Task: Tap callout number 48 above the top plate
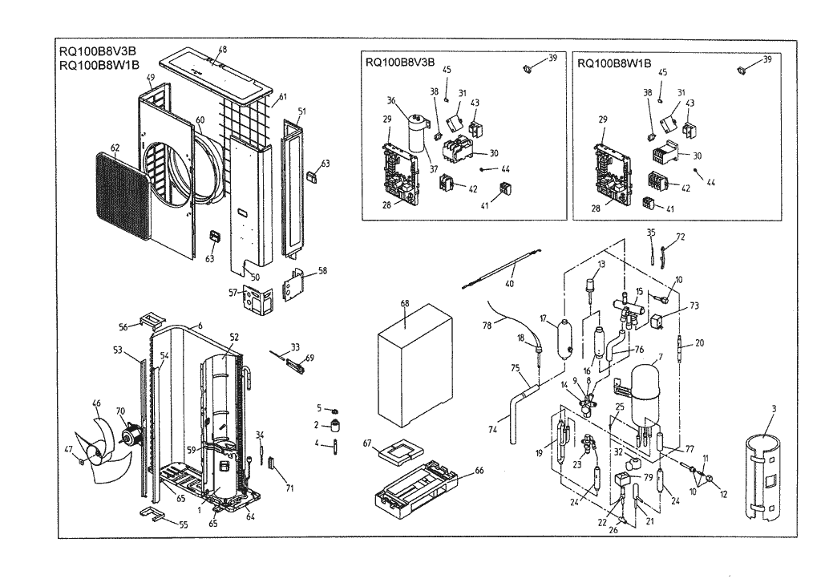pyautogui.click(x=223, y=50)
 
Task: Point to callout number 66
pyautogui.click(x=479, y=471)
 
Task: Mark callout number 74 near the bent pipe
pyautogui.click(x=493, y=431)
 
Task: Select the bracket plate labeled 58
pyautogui.click(x=297, y=285)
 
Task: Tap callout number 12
pyautogui.click(x=723, y=495)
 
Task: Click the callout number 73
pyautogui.click(x=694, y=306)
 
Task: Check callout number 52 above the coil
pyautogui.click(x=234, y=338)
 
